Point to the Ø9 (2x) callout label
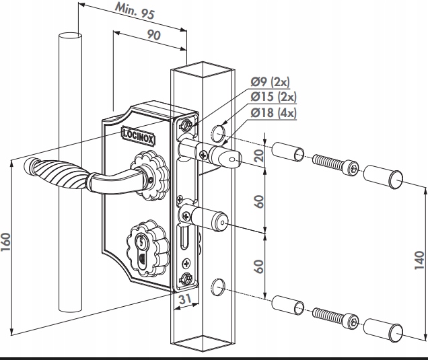[x=270, y=82]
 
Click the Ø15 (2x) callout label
[x=272, y=97]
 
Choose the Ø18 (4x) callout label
[x=273, y=112]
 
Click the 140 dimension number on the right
[x=418, y=257]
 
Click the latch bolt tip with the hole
[x=231, y=159]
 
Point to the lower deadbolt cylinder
[x=210, y=217]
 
